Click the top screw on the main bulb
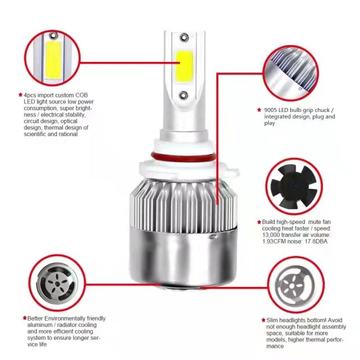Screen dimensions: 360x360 coord(184,37)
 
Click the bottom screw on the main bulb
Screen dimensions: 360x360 coord(184,95)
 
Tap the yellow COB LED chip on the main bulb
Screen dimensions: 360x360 coord(184,66)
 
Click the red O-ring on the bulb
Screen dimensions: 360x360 coord(183,158)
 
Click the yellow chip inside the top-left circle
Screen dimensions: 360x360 coord(53,59)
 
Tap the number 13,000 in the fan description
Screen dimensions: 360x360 coord(271,235)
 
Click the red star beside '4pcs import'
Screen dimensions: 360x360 coord(21,95)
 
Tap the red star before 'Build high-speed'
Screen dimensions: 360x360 coord(259,222)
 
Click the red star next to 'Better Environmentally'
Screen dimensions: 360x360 coord(25,318)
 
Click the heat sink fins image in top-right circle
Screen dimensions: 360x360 coord(291,73)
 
